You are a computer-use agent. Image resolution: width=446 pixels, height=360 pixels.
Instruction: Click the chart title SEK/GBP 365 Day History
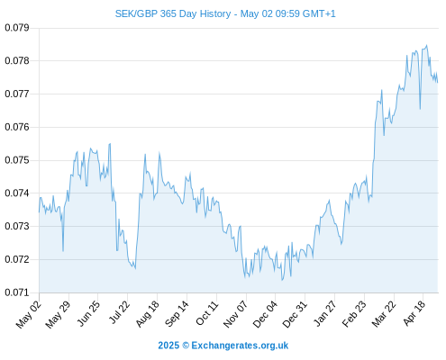tap(173, 13)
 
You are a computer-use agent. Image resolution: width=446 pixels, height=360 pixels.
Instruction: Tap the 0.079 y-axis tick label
tap(17, 28)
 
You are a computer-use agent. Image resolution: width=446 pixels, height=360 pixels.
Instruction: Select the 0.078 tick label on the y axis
tap(17, 61)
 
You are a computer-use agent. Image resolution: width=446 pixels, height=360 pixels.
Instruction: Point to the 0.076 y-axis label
tap(17, 127)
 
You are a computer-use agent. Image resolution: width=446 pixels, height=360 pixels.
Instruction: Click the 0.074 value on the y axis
tap(17, 193)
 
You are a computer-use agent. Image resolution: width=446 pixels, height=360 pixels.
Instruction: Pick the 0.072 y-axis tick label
tap(17, 259)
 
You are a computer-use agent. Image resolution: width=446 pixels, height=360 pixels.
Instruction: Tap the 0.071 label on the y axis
tap(17, 292)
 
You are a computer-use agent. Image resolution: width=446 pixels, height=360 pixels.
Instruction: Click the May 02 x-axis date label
tap(28, 314)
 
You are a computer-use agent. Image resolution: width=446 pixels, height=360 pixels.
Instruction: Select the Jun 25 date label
tap(88, 313)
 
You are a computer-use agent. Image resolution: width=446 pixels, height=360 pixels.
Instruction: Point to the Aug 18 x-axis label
tap(147, 314)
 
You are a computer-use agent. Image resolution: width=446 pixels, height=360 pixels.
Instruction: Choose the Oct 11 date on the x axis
tap(206, 313)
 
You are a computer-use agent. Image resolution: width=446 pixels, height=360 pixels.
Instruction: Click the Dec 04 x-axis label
tap(265, 314)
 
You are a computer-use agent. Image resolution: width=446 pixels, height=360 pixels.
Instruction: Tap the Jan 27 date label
tap(324, 313)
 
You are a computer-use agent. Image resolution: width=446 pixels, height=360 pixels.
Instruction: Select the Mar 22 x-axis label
tap(383, 314)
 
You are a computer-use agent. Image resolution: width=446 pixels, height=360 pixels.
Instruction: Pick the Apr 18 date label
tap(414, 313)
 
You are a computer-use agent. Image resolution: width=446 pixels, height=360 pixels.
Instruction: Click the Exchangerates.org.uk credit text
tap(240, 346)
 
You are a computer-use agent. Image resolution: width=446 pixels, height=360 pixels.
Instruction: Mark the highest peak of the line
tap(427, 45)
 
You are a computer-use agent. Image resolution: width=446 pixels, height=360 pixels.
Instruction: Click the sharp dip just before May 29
tap(63, 251)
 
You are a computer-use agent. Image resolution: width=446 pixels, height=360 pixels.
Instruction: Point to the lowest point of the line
tap(282, 280)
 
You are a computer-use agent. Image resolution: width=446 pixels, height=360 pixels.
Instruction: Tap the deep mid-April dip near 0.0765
tap(420, 109)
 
